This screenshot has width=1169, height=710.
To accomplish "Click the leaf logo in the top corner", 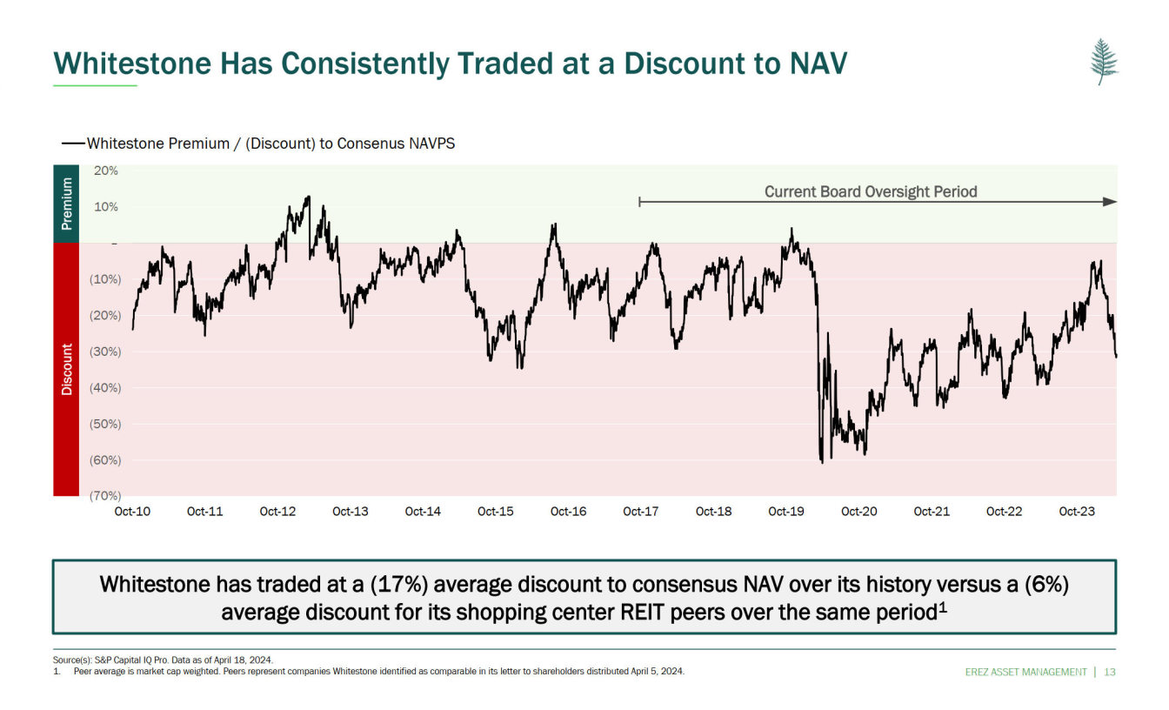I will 1104,62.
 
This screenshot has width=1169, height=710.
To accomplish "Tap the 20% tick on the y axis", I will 106,171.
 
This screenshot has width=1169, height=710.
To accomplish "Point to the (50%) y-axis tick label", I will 104,424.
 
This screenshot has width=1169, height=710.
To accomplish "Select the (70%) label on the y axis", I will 104,496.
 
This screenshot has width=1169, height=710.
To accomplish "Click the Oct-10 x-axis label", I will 132,512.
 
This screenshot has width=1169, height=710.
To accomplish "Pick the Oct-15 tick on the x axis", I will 495,512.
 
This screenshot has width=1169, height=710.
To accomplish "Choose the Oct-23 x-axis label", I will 1077,512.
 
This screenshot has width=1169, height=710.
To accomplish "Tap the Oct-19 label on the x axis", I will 785,512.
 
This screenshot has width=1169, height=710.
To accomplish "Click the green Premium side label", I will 66,204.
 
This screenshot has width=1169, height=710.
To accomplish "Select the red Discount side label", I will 66,369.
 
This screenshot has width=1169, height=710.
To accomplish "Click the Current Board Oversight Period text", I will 871,191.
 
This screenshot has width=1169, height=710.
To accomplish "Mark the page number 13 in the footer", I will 1110,672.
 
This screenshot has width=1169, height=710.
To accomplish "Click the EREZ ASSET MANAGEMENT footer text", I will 1025,672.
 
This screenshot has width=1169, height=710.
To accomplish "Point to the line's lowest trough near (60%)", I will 822,461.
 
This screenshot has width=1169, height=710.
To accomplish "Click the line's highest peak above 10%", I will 308,197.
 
